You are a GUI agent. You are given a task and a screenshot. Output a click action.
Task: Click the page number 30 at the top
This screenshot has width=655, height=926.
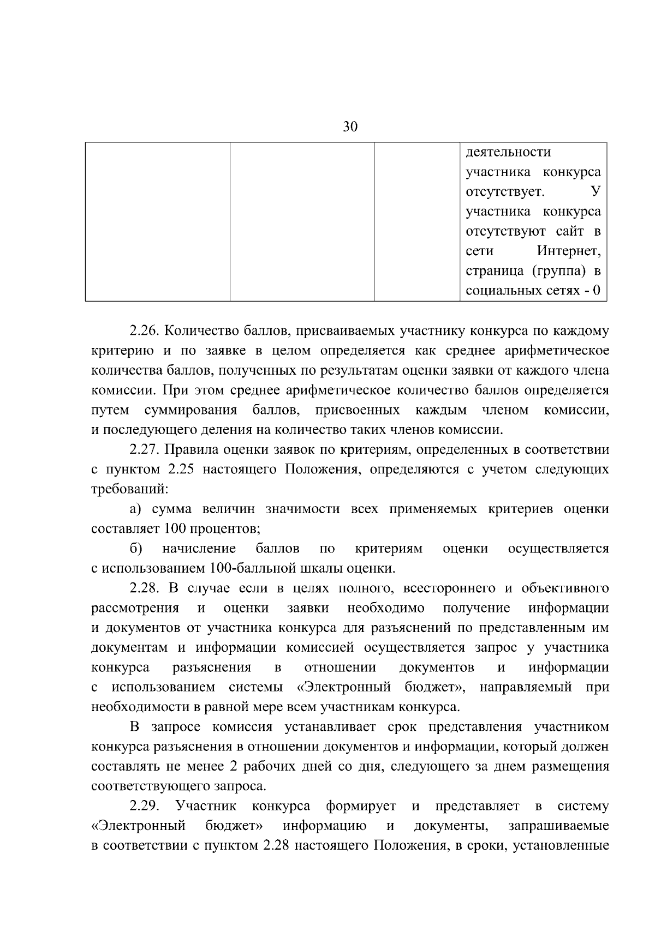click(350, 127)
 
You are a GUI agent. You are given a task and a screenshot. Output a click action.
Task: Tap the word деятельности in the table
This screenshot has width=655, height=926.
click(508, 152)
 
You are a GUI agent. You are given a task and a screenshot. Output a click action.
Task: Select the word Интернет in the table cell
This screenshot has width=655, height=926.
click(568, 251)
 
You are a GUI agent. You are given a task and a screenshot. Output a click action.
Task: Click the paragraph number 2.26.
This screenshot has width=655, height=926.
click(144, 331)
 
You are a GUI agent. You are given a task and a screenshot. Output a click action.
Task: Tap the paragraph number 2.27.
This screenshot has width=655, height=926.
click(144, 450)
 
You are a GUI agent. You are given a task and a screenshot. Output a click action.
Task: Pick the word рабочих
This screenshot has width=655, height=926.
click(269, 767)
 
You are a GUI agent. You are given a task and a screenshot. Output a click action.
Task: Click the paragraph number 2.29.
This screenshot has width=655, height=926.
click(144, 806)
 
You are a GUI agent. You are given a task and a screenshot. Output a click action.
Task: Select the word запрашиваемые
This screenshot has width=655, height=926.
click(558, 826)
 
